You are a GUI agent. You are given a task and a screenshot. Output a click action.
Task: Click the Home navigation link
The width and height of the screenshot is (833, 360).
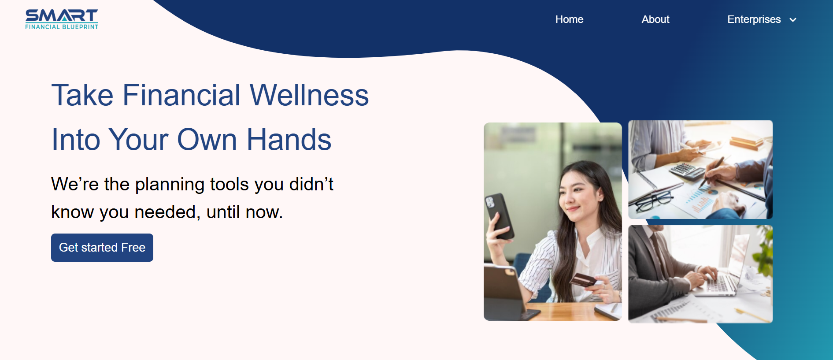click(569, 19)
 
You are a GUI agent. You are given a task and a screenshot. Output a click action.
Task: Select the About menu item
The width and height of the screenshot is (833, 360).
click(655, 19)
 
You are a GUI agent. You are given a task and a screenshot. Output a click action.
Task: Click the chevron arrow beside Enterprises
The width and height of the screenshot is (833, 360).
click(793, 20)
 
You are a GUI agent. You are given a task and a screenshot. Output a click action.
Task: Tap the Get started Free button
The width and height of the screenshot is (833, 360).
click(102, 248)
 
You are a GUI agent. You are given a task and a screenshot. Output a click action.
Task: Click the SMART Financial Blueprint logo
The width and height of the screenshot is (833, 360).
click(62, 19)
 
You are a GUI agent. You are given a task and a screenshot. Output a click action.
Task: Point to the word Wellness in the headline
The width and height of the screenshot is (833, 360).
click(309, 95)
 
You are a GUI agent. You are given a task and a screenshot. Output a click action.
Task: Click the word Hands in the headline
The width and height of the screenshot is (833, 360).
click(289, 140)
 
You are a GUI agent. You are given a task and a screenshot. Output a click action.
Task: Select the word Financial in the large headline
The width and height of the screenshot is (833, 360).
click(181, 95)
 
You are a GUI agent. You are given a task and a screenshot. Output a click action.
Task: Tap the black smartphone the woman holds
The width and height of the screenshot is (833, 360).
click(499, 216)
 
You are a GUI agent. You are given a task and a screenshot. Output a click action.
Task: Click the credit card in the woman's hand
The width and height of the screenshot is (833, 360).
click(583, 280)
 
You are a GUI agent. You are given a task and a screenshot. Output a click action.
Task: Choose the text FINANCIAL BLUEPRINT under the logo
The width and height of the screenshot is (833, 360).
click(62, 27)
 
